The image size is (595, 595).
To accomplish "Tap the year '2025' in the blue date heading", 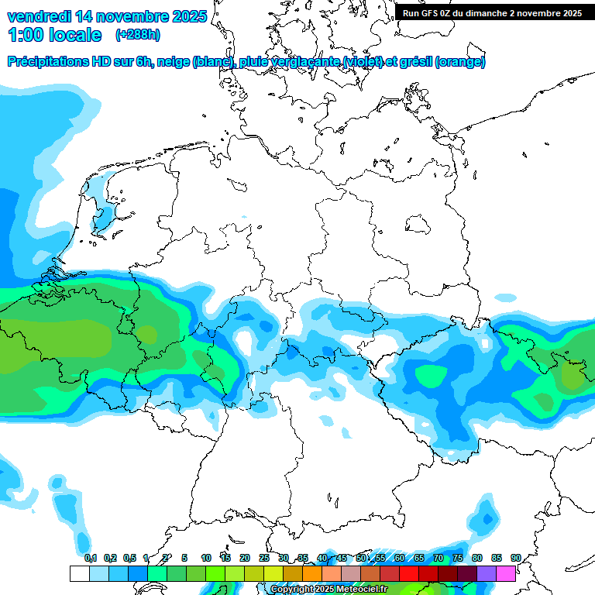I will click(x=182, y=16).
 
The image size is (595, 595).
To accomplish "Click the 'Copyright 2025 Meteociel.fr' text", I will click(x=328, y=589).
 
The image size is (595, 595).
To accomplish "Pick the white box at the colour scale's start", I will click(x=79, y=573).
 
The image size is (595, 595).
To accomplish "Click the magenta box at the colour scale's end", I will click(x=506, y=573).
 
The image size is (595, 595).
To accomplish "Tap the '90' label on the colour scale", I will click(x=516, y=558).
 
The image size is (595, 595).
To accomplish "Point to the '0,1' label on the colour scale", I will click(x=90, y=558).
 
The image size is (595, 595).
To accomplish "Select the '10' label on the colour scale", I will click(x=206, y=558).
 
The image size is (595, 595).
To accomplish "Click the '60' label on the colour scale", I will click(x=400, y=558).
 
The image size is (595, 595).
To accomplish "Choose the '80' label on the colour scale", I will click(x=477, y=558).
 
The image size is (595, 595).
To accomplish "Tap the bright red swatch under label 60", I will click(x=409, y=573).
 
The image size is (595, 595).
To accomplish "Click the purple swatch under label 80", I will click(x=487, y=573).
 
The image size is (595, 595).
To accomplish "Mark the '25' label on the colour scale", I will click(x=264, y=558).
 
